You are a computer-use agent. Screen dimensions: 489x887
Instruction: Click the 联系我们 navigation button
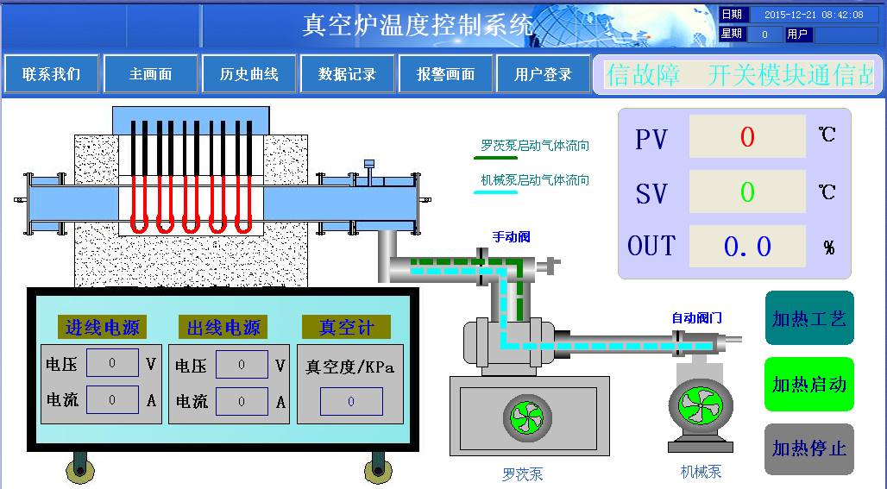[x=52, y=74]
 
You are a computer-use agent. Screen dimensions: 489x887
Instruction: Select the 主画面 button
[x=151, y=74]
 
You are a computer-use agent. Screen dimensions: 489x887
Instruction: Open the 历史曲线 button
[x=249, y=74]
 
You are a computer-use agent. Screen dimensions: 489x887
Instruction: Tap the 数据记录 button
[x=348, y=74]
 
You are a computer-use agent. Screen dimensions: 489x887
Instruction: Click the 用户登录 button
[x=544, y=74]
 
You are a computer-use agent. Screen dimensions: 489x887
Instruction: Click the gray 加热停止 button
[x=808, y=448]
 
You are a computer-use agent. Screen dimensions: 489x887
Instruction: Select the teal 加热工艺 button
[x=808, y=318]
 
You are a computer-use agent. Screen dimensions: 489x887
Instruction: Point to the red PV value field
[x=747, y=137]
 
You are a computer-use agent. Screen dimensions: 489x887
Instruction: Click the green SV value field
[x=747, y=191]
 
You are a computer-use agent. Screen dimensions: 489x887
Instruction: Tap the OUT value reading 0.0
[x=747, y=247]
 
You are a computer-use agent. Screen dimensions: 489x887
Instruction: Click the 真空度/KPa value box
[x=351, y=402]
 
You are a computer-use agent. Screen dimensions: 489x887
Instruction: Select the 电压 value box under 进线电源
[x=112, y=363]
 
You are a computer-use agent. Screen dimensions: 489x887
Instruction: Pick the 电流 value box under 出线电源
[x=242, y=401]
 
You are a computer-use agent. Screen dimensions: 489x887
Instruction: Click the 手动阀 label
[x=511, y=236]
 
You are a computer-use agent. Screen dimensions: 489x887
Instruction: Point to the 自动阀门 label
[x=697, y=318]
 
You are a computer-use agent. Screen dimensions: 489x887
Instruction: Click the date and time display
[x=813, y=15]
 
